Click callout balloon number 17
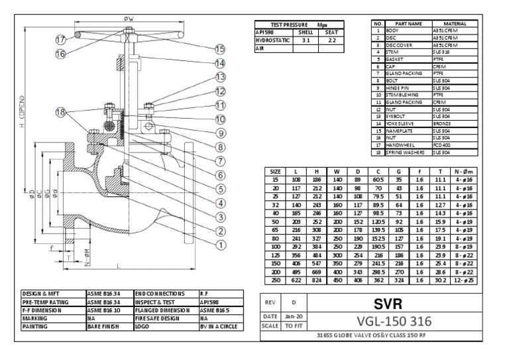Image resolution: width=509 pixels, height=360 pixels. [x=60, y=38]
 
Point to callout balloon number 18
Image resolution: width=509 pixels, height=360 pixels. [x=62, y=112]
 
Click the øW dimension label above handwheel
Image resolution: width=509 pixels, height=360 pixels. [x=128, y=19]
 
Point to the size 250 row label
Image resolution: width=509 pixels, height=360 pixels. [x=276, y=280]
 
